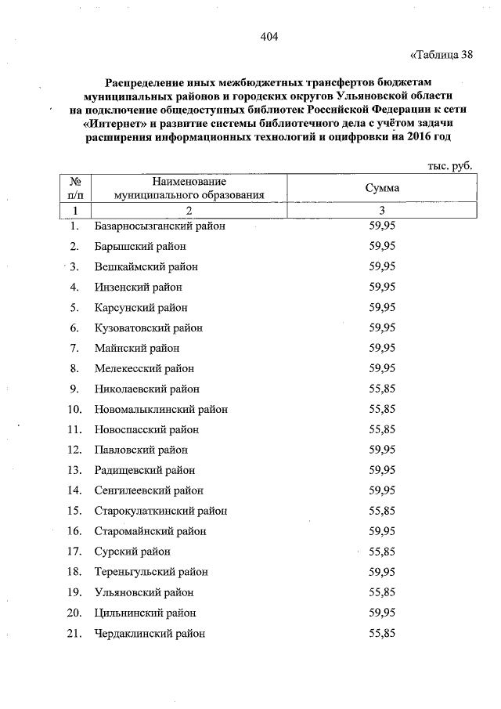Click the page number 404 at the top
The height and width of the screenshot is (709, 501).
click(x=269, y=37)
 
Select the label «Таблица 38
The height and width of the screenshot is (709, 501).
click(x=442, y=55)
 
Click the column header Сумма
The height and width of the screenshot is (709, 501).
click(x=382, y=188)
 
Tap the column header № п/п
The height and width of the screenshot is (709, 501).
click(x=76, y=188)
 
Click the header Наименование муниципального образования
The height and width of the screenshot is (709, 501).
click(x=188, y=188)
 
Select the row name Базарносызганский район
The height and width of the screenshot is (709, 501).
click(x=159, y=226)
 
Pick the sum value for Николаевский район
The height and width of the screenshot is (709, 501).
click(x=382, y=389)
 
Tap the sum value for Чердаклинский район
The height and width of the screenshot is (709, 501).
click(x=382, y=633)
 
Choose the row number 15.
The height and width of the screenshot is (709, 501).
click(x=75, y=511)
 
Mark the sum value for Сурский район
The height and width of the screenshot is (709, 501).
click(x=382, y=552)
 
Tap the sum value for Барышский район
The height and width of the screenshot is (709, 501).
click(x=382, y=246)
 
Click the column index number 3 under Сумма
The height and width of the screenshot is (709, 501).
click(x=382, y=210)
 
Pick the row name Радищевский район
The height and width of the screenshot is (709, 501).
click(x=144, y=470)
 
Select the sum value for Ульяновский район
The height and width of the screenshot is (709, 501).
click(x=382, y=592)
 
